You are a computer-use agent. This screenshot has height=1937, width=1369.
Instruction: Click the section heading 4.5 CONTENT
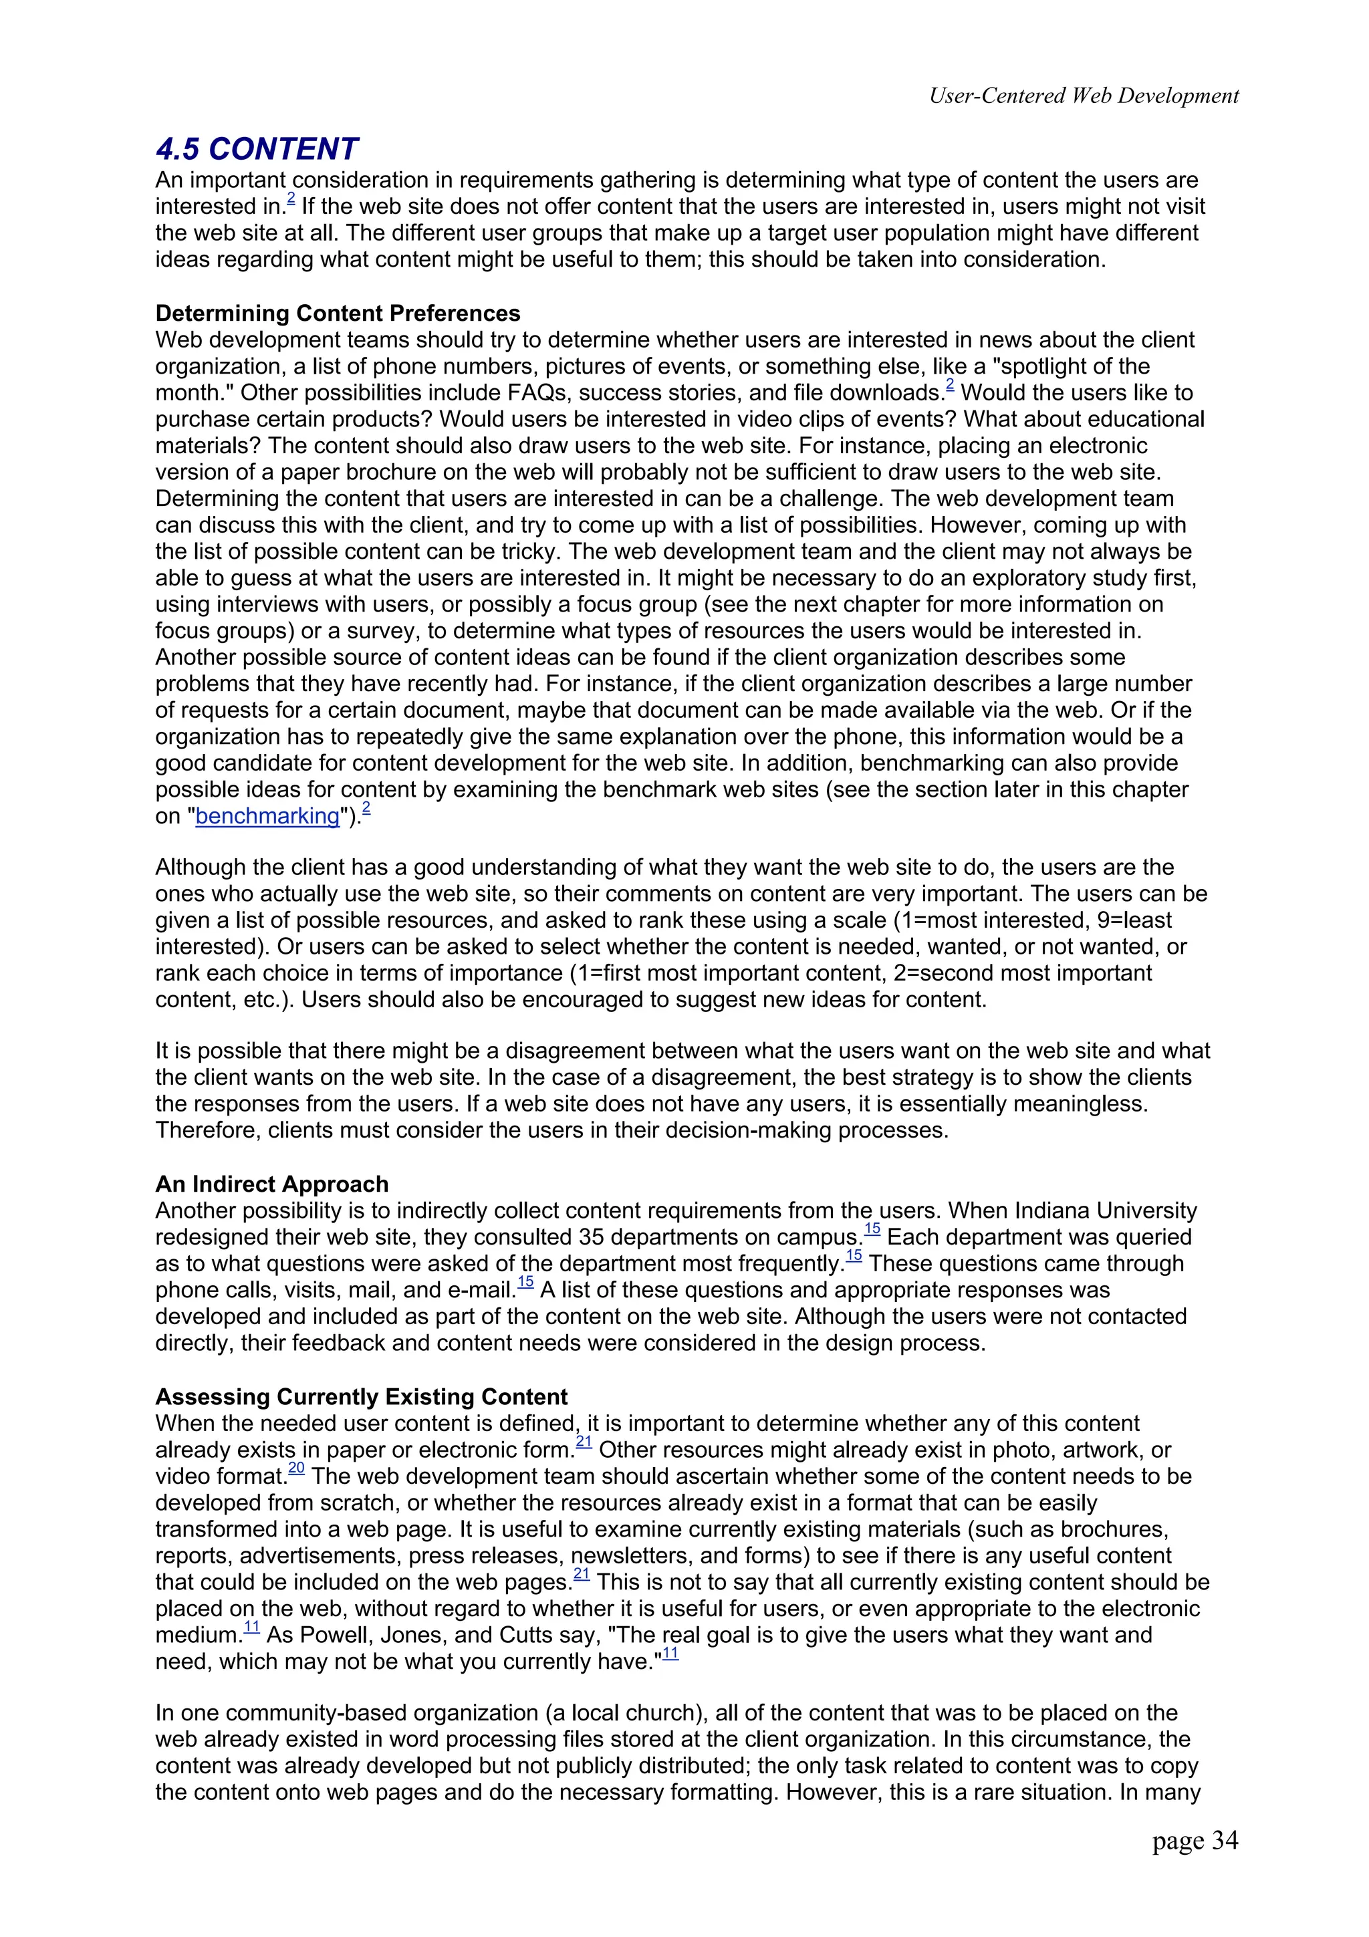coord(257,149)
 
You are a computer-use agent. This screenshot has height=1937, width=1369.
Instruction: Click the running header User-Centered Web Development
coord(1083,96)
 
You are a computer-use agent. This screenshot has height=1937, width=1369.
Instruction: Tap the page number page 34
coord(1195,1863)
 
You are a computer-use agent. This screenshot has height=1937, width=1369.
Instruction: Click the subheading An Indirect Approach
coord(271,1184)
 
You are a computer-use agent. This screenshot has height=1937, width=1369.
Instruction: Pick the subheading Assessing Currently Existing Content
coord(361,1396)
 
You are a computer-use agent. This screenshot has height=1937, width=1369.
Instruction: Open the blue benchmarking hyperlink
coord(267,816)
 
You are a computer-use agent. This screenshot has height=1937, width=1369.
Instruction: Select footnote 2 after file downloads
coord(949,386)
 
